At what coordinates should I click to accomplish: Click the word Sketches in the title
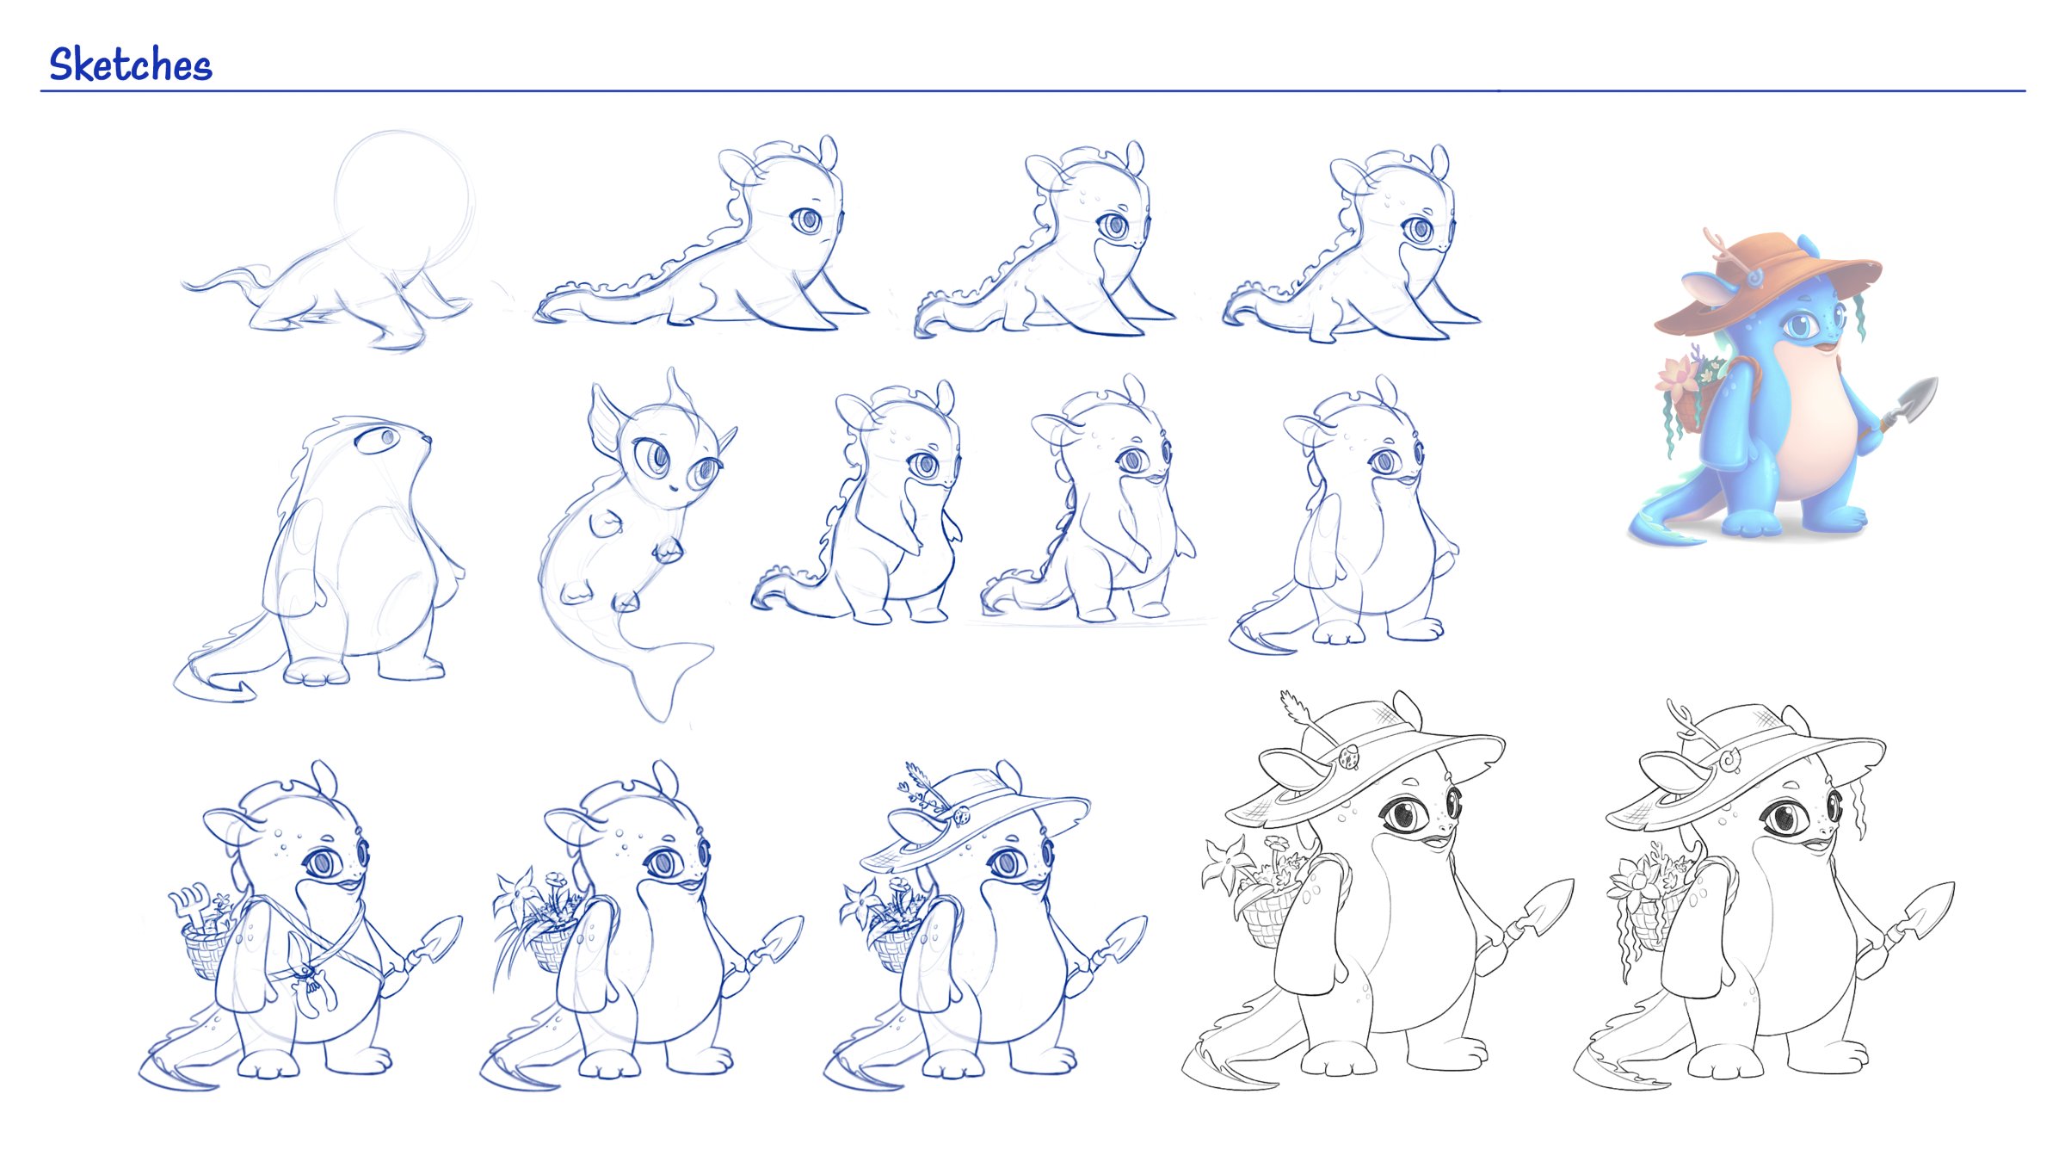130,65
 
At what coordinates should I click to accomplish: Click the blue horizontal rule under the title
1032,90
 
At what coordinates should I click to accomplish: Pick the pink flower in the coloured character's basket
1676,377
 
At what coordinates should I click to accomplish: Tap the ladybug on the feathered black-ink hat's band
1349,757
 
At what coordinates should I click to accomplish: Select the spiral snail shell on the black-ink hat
1728,759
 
